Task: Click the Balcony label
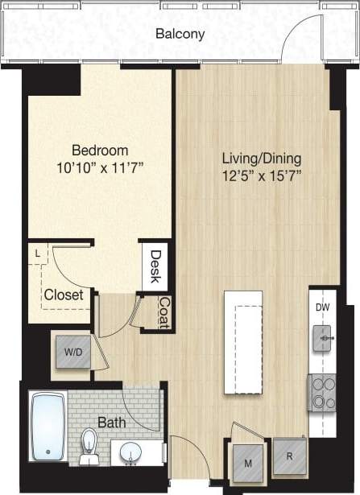pyautogui.click(x=181, y=35)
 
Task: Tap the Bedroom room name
pyautogui.click(x=101, y=151)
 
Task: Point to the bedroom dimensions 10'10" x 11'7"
pyautogui.click(x=101, y=169)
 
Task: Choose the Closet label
pyautogui.click(x=64, y=295)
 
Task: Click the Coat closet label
pyautogui.click(x=163, y=314)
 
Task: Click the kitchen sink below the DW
pyautogui.click(x=325, y=340)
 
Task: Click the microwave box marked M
pyautogui.click(x=247, y=462)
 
